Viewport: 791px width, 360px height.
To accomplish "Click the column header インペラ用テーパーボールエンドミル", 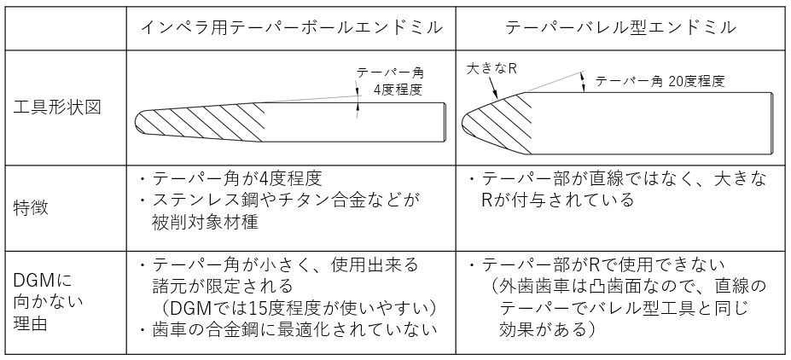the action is [291, 28].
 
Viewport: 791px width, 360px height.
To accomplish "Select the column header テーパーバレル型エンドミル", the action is [620, 28].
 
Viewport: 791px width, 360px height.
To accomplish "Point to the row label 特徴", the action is [31, 207].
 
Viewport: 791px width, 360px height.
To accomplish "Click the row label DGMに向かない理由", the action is [48, 302].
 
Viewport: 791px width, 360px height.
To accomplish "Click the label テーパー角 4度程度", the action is [390, 81].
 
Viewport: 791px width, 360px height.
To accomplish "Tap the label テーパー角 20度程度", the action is [660, 81].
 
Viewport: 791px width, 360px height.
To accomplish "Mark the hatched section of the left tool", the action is [201, 122].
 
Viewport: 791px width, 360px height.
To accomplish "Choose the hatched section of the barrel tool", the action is [497, 121].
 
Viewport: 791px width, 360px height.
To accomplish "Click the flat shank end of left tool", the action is [445, 122].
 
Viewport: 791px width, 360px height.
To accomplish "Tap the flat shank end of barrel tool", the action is [772, 122].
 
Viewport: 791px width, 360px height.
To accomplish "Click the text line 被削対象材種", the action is [205, 222].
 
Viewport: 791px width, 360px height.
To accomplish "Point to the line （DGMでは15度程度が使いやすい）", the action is [294, 308].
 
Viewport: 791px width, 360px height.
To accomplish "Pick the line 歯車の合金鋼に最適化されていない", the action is [288, 330].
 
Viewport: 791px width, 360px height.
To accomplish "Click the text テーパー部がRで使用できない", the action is [596, 264].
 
